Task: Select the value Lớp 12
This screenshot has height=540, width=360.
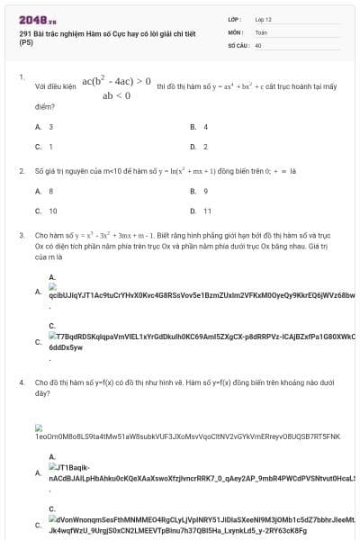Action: [263, 18]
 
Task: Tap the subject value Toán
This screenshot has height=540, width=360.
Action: [261, 31]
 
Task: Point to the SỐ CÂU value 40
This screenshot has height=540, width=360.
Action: [258, 44]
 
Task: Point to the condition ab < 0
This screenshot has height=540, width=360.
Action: [116, 94]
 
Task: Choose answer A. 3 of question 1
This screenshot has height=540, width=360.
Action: [44, 127]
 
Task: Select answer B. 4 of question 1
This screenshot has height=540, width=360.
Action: [199, 127]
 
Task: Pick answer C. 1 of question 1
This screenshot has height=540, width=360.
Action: [44, 146]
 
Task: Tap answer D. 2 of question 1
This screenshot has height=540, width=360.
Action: [199, 146]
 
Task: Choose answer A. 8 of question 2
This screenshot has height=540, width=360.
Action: [44, 191]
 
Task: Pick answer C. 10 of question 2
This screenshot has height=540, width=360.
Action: [46, 211]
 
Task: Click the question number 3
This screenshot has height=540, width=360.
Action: [22, 235]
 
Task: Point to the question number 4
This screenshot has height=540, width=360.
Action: [22, 382]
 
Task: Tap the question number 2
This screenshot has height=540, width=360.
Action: [22, 170]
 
